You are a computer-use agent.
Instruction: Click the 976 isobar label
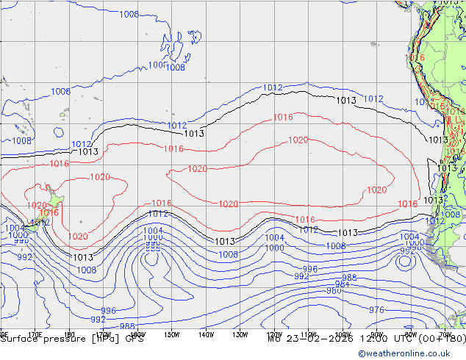click(x=376, y=310)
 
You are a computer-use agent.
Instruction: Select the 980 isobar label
click(x=334, y=291)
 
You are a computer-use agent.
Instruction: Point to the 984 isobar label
click(x=342, y=284)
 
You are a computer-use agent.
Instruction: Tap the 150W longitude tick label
click(x=171, y=334)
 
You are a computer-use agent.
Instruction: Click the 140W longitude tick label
click(x=206, y=334)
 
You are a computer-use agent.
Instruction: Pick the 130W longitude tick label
click(x=240, y=334)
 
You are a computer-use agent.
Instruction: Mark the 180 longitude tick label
click(x=69, y=334)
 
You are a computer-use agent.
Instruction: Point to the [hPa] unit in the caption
click(x=107, y=339)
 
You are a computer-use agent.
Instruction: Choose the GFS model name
click(x=134, y=339)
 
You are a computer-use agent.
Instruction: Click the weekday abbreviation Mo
click(x=274, y=339)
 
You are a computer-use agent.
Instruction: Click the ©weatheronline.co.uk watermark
click(x=411, y=353)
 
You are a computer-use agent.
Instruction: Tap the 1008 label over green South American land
click(x=450, y=215)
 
